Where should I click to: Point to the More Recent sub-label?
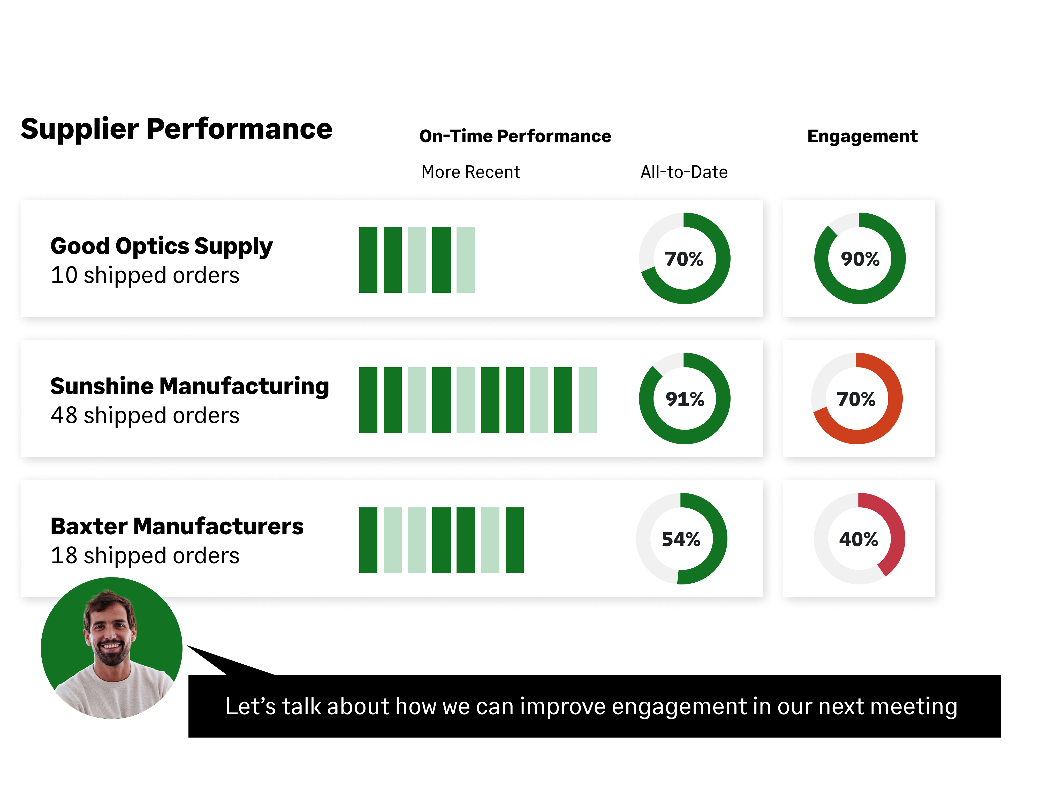click(470, 172)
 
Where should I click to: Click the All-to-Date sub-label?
click(684, 172)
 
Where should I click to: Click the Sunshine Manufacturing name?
click(190, 386)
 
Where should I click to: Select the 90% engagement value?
click(860, 259)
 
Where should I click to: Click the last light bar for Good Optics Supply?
click(466, 260)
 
